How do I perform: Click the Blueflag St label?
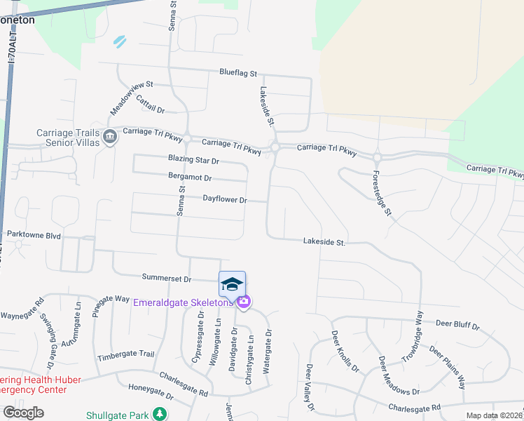point(239,73)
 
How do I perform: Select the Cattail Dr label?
point(149,105)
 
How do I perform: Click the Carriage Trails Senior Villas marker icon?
point(110,136)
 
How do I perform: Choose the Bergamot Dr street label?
point(190,177)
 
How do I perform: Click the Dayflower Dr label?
point(225,200)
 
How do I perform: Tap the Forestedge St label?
point(381,192)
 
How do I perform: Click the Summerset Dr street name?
point(167,279)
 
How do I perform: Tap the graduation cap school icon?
point(232,283)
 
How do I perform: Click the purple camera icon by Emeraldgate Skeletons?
point(244,302)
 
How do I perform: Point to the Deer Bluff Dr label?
point(457,326)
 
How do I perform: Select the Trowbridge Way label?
point(413,336)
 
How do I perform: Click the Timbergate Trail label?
point(126,355)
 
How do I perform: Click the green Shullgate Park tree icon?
point(161,414)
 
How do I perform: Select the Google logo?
point(23,413)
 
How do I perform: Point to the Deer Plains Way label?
point(448,368)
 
